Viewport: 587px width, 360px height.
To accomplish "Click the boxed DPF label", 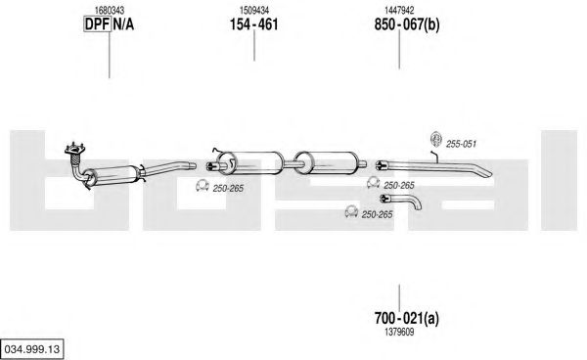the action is tap(97, 24).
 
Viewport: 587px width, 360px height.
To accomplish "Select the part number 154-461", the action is tap(253, 24).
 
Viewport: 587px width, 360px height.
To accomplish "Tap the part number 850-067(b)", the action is tap(407, 24).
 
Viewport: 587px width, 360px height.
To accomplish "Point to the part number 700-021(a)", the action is tap(407, 318).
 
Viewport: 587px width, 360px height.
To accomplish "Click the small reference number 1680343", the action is tap(110, 11).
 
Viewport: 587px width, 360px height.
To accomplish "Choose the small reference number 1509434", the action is tap(254, 11).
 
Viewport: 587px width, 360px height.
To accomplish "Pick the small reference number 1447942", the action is tap(399, 11).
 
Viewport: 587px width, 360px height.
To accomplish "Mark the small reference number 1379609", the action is tap(399, 332).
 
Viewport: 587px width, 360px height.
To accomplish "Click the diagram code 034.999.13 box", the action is tap(32, 349).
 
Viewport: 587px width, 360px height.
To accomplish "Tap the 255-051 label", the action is tap(461, 144).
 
